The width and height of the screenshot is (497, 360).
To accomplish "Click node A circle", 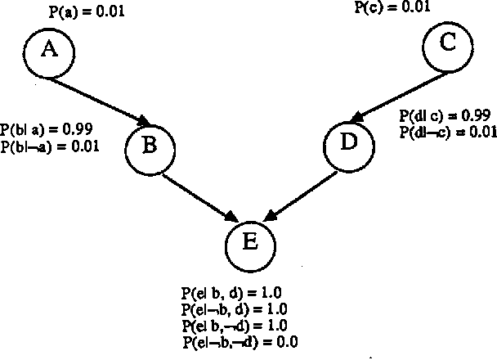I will point(49,51).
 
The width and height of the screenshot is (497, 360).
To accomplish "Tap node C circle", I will point(447,44).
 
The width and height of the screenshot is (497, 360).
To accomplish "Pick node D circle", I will point(348,143).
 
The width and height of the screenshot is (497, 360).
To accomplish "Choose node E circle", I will point(250,242).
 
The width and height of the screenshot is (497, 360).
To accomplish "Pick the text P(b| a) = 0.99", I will point(46,129).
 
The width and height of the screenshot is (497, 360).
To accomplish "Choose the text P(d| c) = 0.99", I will point(443,115).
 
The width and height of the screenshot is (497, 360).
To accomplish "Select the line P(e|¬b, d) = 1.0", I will point(236,309).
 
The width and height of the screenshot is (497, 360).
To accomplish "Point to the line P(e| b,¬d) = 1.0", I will point(238,326).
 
